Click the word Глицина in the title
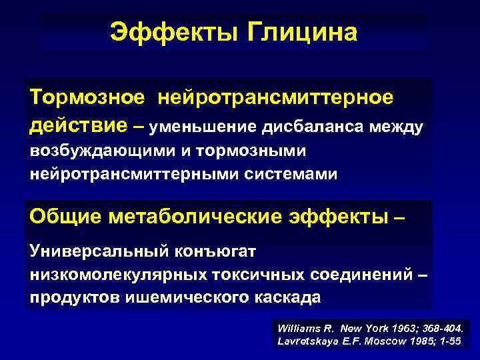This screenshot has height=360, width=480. [303, 31]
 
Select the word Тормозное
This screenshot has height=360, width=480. [87, 97]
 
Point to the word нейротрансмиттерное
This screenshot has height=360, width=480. [275, 97]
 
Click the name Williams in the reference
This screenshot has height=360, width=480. [297, 329]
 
